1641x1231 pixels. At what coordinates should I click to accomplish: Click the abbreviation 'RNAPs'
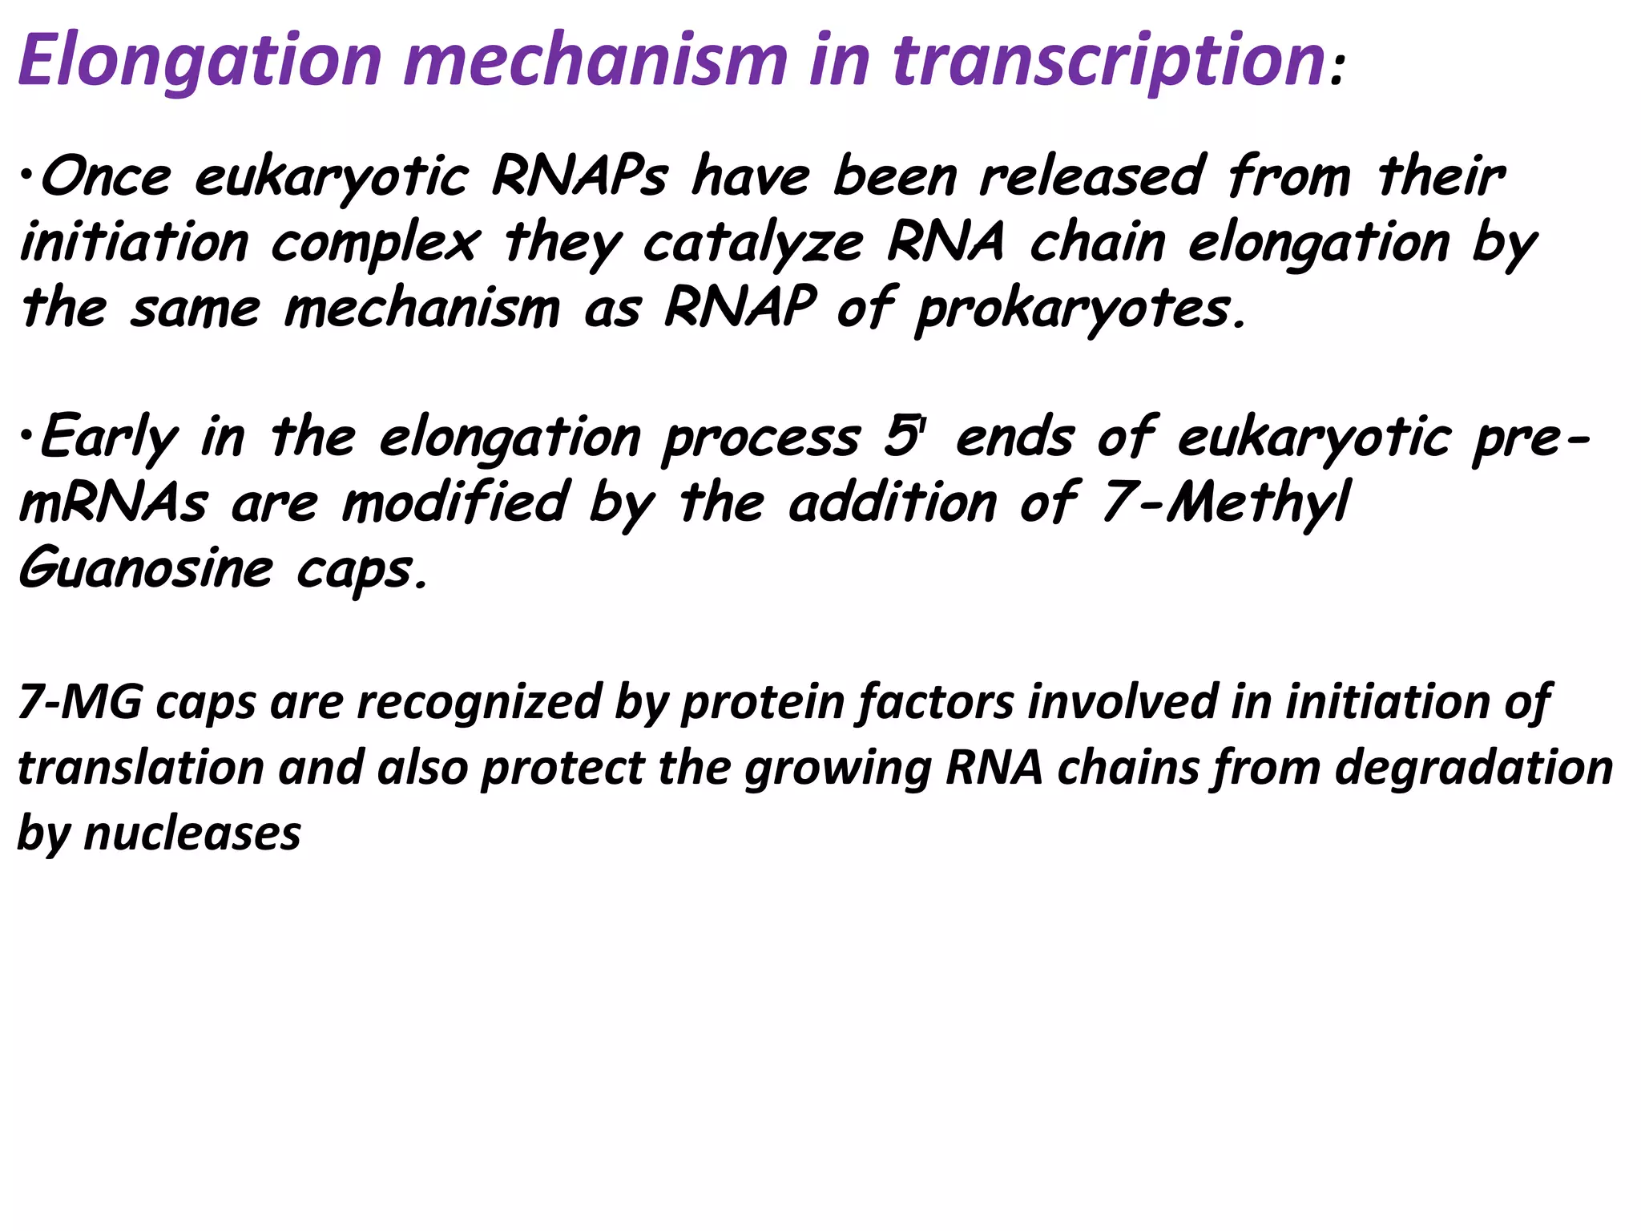point(579,177)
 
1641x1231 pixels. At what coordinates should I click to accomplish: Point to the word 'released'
point(1091,177)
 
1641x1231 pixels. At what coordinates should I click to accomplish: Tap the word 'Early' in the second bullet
point(108,439)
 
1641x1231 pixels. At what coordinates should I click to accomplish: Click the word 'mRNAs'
point(113,504)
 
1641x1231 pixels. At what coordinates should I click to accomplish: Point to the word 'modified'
point(454,504)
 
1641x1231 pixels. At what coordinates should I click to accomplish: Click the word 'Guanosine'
point(145,569)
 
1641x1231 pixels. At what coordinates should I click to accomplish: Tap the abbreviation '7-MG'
point(79,702)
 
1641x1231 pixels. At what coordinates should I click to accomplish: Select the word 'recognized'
point(478,702)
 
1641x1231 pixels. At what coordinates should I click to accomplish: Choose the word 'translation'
point(140,768)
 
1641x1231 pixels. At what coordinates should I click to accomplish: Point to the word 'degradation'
point(1474,768)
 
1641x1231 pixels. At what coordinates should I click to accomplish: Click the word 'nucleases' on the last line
point(192,833)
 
